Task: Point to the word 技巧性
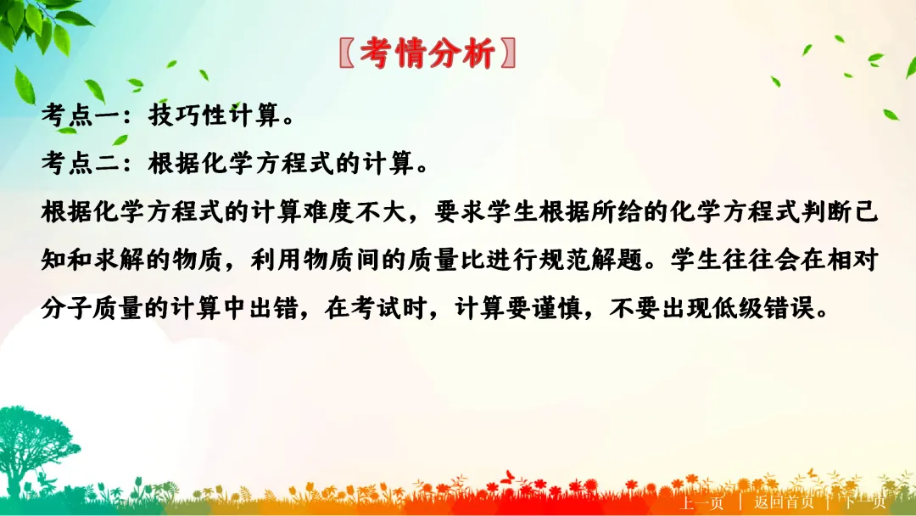click(x=189, y=117)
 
